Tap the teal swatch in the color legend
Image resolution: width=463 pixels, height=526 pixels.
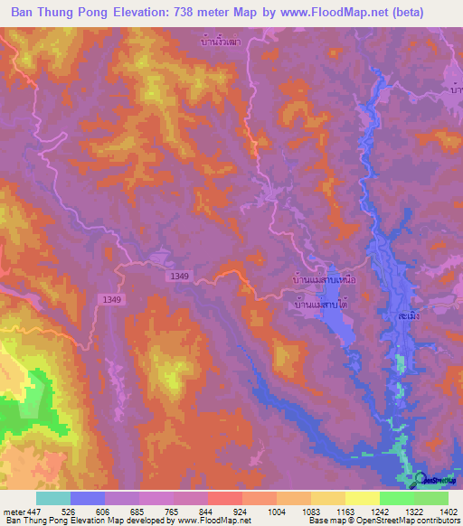point(53,498)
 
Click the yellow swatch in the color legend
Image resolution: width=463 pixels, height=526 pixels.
point(362,498)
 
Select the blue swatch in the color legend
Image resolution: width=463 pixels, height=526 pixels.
point(88,498)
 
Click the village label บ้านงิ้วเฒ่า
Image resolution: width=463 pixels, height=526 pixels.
point(222,41)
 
